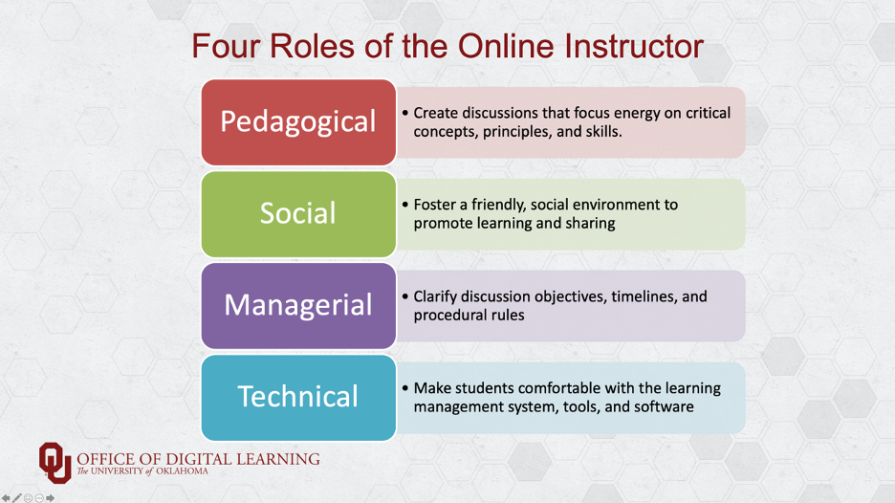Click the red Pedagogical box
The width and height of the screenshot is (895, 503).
pyautogui.click(x=298, y=122)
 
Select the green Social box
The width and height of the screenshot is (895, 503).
pyautogui.click(x=298, y=214)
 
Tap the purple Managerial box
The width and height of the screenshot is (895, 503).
pyautogui.click(x=298, y=305)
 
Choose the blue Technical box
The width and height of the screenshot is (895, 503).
pyautogui.click(x=298, y=398)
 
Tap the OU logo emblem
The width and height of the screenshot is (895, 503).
pyautogui.click(x=55, y=463)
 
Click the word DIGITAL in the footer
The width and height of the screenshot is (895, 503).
pyautogui.click(x=198, y=459)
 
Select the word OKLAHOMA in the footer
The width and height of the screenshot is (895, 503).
pyautogui.click(x=182, y=471)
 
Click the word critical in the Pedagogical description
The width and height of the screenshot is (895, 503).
pyautogui.click(x=708, y=113)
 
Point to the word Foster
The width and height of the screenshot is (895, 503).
pyautogui.click(x=435, y=205)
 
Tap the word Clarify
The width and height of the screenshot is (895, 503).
pyautogui.click(x=435, y=296)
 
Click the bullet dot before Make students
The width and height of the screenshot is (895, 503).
pyautogui.click(x=405, y=388)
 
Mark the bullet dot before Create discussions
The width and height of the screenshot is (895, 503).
pyautogui.click(x=405, y=113)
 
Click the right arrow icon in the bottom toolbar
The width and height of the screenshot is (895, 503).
pyautogui.click(x=51, y=498)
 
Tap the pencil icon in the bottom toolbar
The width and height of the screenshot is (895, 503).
pyautogui.click(x=17, y=498)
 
